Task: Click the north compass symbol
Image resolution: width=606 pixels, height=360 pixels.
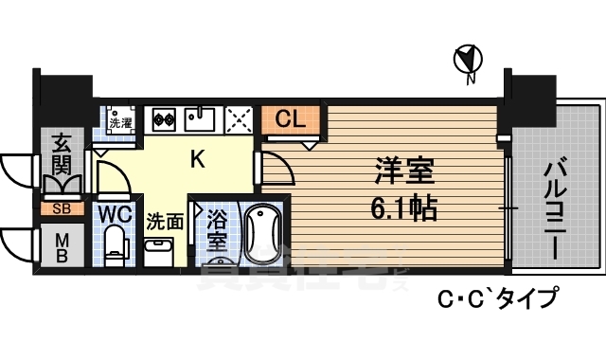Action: pyautogui.click(x=467, y=61)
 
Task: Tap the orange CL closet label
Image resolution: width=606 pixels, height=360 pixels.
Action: pyautogui.click(x=291, y=120)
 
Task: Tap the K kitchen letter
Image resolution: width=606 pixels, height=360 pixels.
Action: pyautogui.click(x=197, y=159)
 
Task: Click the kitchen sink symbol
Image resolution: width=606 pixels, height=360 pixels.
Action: pyautogui.click(x=201, y=118)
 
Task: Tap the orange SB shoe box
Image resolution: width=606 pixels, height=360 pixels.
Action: pyautogui.click(x=61, y=207)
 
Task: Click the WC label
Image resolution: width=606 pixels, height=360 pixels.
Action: pyautogui.click(x=115, y=212)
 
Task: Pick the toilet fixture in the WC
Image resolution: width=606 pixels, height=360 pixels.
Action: pyautogui.click(x=115, y=241)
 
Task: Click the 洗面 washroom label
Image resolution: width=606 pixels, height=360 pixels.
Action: pyautogui.click(x=164, y=222)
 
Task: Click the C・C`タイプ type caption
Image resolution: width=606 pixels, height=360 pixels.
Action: pyautogui.click(x=495, y=298)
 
